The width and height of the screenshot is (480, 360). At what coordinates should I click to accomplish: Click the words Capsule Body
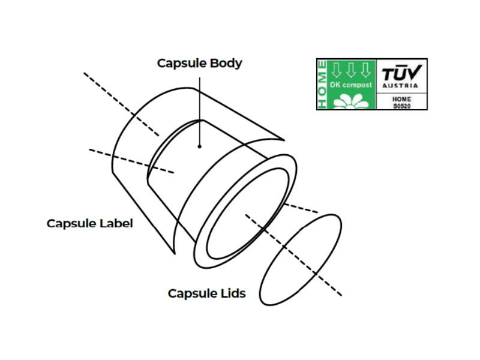[x=199, y=63]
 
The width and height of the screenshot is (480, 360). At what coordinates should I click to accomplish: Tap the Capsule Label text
[x=89, y=223]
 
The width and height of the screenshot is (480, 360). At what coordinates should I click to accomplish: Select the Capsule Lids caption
[x=206, y=293]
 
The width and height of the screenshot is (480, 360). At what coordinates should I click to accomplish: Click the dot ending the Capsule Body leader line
[x=200, y=145]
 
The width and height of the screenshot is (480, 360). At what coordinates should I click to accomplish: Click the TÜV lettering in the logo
[x=402, y=74]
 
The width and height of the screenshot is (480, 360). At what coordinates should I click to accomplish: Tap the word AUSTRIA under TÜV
[x=401, y=86]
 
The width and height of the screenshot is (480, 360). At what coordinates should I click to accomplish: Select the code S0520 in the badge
[x=401, y=105]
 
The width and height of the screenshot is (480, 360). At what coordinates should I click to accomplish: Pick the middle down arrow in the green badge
[x=351, y=70]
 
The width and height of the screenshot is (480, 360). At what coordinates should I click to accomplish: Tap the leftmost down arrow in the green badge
[x=337, y=70]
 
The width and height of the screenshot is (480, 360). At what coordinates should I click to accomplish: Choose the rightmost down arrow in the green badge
[x=365, y=70]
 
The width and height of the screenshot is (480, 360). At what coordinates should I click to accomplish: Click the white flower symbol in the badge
[x=351, y=101]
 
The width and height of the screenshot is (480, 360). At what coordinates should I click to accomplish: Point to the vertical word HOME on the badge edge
[x=323, y=84]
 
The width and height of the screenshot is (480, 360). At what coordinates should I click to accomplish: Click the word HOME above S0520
[x=401, y=98]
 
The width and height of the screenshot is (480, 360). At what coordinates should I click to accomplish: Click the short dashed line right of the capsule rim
[x=301, y=208]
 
